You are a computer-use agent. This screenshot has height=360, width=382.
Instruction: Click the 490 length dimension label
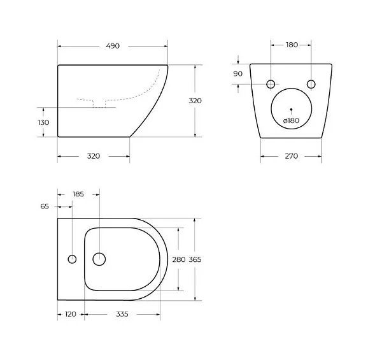(x=113, y=46)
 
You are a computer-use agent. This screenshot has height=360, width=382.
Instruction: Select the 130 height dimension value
(x=43, y=122)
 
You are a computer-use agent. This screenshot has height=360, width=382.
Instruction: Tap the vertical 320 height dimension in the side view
(x=195, y=101)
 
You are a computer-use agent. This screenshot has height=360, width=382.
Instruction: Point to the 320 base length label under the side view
(x=94, y=156)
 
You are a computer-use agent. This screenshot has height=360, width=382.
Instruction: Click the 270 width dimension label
(x=292, y=156)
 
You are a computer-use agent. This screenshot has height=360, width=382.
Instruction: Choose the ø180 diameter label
(x=291, y=120)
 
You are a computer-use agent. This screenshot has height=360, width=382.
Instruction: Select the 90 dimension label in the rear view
(x=237, y=74)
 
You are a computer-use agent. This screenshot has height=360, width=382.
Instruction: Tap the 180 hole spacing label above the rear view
(x=292, y=45)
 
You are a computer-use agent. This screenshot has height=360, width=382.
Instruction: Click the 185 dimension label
(x=78, y=194)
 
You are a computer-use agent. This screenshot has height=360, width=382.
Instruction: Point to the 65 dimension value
(x=45, y=206)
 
